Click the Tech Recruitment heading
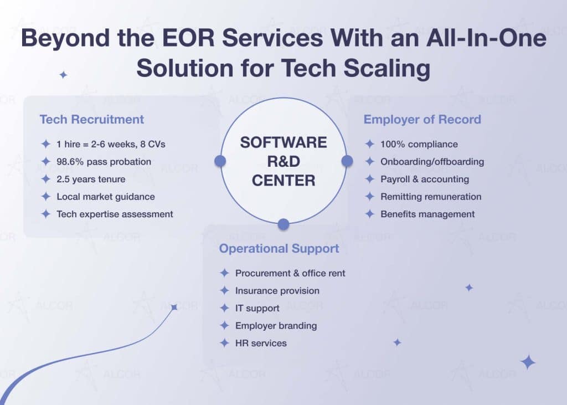coord(91,119)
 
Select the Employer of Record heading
coord(422,119)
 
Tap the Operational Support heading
coord(279,249)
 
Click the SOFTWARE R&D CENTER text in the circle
coord(283,161)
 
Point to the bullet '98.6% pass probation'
coord(104,161)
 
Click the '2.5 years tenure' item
coord(91,179)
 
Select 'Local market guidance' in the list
coord(106,197)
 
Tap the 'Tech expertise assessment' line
coord(115,214)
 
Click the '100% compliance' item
coord(419,144)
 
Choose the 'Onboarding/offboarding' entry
coord(432,162)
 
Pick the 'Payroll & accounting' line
coord(424,179)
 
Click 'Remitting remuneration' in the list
coord(431,197)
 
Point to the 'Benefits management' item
coord(427,214)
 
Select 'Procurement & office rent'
coord(290,273)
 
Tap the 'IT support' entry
coord(257,308)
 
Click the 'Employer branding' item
coord(276,325)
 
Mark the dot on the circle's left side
coord(220,161)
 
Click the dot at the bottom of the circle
coord(283,224)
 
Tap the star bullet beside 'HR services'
coord(224,343)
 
